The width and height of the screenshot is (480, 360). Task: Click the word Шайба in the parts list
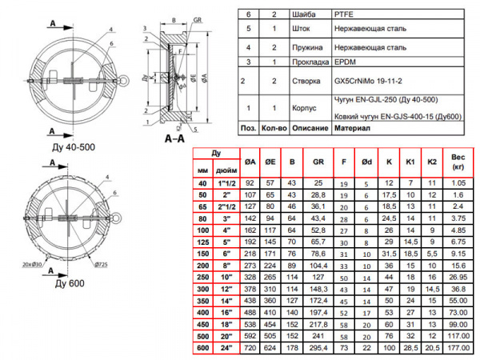click(301, 14)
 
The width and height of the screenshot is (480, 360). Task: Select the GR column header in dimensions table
click(318, 160)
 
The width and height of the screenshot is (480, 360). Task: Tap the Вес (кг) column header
click(458, 164)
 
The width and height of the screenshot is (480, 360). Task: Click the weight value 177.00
click(458, 349)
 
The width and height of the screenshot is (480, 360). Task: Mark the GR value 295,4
click(318, 349)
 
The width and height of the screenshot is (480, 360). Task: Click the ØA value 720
click(249, 349)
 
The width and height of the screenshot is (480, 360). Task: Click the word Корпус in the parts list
click(302, 106)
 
